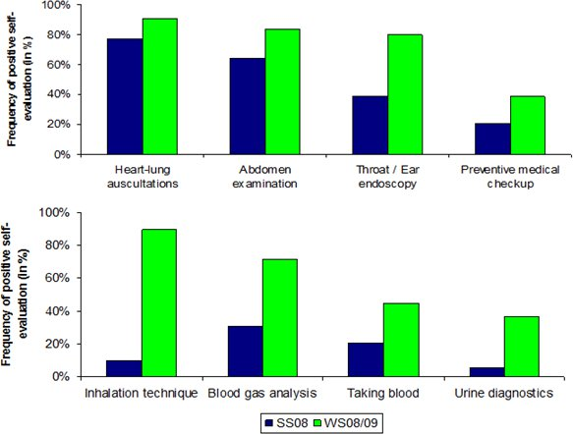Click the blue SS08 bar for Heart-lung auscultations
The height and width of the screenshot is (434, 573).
tap(125, 96)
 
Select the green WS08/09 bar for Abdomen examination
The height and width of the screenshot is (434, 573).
tap(282, 91)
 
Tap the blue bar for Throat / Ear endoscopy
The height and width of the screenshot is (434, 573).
tap(371, 126)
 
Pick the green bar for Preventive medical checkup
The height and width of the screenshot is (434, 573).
tap(528, 126)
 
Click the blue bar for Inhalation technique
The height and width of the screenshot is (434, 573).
tap(124, 368)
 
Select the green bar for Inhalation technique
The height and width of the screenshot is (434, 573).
tap(159, 302)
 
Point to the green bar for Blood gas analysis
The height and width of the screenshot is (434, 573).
tap(280, 317)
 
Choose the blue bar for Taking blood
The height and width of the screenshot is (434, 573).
tap(366, 359)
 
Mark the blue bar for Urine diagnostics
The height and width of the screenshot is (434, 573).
tap(487, 372)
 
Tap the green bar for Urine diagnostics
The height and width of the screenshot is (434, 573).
tap(522, 347)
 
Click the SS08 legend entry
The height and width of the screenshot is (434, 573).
tap(287, 423)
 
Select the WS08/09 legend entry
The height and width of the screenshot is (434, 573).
tap(346, 423)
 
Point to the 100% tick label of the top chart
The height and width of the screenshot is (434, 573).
tap(56, 5)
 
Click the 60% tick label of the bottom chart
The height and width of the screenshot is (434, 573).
tap(59, 278)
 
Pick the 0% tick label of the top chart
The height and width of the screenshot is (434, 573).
tap(62, 155)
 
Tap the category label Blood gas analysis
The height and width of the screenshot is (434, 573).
tap(262, 393)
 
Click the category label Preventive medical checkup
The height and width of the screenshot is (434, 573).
tap(510, 177)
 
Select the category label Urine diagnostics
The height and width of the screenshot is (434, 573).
tap(504, 393)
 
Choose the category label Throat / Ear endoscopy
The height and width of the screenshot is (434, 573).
tap(387, 177)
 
